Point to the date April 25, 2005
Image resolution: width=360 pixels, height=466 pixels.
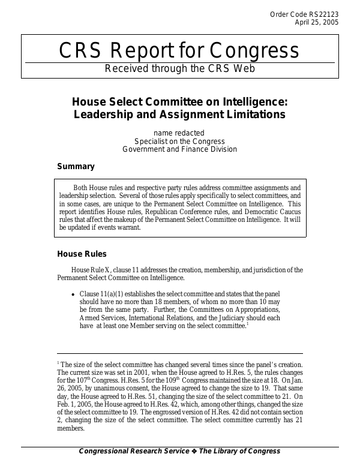tap(317, 22)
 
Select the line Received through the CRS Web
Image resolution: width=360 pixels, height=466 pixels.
tap(180, 68)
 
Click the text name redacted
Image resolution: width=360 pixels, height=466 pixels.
tap(179, 133)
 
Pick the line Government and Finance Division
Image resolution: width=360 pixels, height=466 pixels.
tap(179, 149)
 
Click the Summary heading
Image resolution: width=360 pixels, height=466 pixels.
tap(76, 167)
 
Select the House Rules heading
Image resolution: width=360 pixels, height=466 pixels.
tap(82, 254)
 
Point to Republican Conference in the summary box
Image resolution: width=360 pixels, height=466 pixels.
tap(182, 212)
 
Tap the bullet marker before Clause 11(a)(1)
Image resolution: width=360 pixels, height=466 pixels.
tap(73, 294)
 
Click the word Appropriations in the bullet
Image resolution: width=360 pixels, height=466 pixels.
tap(255, 310)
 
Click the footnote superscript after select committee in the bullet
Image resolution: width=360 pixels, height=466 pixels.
tap(247, 324)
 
